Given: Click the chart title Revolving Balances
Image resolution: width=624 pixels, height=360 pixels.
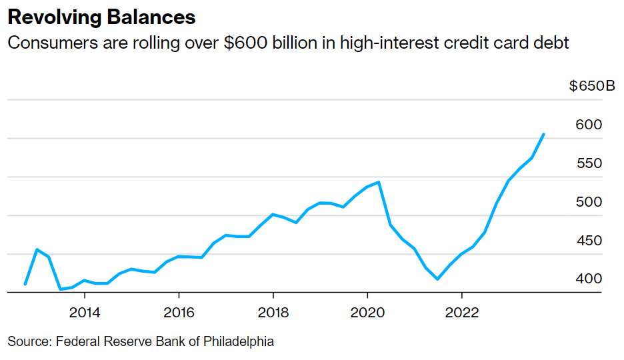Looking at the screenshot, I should coord(101,17).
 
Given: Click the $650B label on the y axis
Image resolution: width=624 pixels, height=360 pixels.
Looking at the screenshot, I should coord(592,87).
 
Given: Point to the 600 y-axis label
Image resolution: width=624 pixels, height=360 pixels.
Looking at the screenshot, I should coord(589,125).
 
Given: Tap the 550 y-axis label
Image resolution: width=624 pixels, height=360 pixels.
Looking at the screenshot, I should coord(589,163).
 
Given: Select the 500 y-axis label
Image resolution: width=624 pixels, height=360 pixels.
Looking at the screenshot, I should coord(589,201).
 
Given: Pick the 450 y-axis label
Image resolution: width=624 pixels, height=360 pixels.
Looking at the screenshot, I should coord(589,240).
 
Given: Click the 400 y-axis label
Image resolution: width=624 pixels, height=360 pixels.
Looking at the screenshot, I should coord(589,278).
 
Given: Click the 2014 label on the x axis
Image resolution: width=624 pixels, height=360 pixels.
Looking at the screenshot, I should coord(85,312).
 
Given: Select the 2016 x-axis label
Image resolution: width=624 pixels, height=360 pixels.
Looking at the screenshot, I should coord(179,312).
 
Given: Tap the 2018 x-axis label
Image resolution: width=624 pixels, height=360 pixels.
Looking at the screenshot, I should coord(273,312).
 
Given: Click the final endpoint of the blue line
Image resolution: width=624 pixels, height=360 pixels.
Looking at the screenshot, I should coord(544,134).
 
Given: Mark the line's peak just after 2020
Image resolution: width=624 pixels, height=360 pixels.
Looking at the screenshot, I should coord(379,182).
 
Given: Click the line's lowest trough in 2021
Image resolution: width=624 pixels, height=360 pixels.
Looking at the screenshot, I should coord(437,279).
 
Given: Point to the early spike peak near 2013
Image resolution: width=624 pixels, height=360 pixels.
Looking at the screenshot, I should coord(37,249).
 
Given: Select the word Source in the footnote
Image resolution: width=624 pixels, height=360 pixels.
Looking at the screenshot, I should coord(29,341).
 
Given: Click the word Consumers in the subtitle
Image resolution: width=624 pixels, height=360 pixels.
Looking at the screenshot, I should coord(49,43).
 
